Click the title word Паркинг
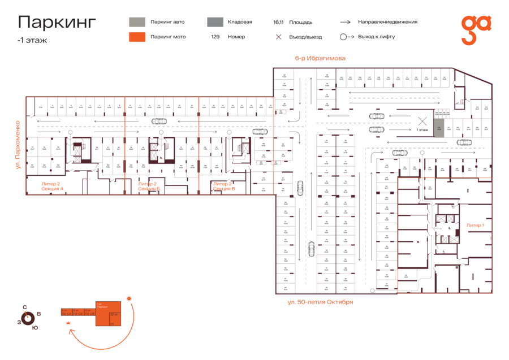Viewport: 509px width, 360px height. [x=57, y=22]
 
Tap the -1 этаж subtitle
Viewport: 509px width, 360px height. [x=33, y=40]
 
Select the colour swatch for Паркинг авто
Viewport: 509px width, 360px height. [x=137, y=22]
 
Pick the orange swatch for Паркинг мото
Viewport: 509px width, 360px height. [x=137, y=37]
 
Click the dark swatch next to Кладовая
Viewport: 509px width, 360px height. [x=214, y=22]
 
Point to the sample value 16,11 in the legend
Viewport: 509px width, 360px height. [x=278, y=23]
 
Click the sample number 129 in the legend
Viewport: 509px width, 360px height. [x=215, y=37]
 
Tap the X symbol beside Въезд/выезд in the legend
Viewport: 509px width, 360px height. [x=278, y=37]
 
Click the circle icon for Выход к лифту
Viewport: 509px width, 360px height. [x=343, y=37]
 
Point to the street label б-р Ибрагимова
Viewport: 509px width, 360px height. [x=320, y=58]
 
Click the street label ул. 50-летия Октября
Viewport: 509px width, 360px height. [x=320, y=302]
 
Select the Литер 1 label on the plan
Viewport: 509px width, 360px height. [x=475, y=225]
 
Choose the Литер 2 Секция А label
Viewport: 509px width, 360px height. [x=53, y=186]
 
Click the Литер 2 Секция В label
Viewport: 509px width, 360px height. [x=224, y=186]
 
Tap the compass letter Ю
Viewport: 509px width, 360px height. [x=35, y=327]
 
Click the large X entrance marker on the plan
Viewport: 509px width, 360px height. [x=421, y=121]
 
